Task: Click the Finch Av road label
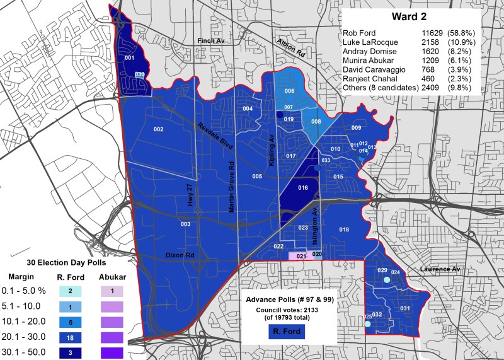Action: coord(210,40)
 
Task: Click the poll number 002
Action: coord(158,129)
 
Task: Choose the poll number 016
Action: coord(303,188)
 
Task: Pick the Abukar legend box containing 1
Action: coord(112,291)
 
